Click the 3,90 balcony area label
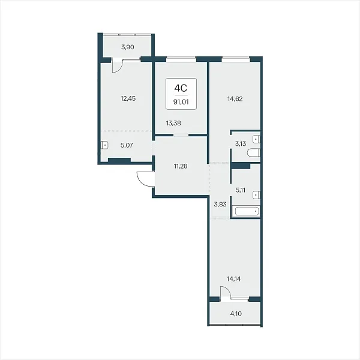[128, 47]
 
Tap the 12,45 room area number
[128, 99]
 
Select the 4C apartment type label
[181, 88]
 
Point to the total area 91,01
[181, 102]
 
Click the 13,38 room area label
[173, 123]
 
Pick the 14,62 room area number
[235, 99]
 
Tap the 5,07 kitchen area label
[127, 145]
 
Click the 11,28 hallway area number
[181, 166]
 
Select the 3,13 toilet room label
[241, 144]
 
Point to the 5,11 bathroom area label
[241, 190]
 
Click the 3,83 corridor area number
[220, 205]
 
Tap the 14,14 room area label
[234, 279]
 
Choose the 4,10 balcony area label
[236, 314]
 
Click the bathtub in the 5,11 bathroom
[245, 211]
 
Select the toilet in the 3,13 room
[253, 152]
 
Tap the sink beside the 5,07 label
[104, 145]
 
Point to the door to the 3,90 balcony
[117, 66]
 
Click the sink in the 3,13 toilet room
[256, 139]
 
